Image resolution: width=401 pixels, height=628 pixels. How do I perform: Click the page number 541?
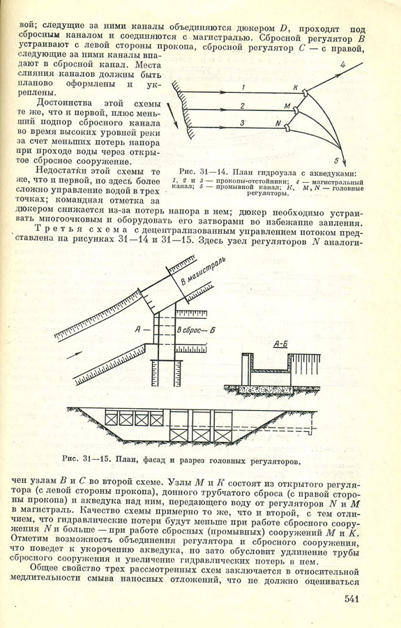pos(351,599)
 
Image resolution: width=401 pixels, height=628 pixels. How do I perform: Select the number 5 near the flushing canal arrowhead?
pos(337,161)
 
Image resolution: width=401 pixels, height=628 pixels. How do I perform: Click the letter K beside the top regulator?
pos(296,88)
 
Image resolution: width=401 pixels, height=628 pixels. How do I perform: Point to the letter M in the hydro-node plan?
pos(287,106)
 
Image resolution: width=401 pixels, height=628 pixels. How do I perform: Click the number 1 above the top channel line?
pos(242,87)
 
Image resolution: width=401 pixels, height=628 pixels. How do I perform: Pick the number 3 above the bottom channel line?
pos(242,124)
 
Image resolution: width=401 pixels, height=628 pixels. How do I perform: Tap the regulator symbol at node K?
pos(305,94)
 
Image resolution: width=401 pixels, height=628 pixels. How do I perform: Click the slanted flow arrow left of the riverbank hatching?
pos(173,115)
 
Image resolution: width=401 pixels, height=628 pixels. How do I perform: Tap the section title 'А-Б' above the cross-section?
pos(281,343)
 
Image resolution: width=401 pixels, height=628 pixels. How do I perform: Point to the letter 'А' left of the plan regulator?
pos(139,329)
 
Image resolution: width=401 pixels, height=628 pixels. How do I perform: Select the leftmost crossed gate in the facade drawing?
pos(112,419)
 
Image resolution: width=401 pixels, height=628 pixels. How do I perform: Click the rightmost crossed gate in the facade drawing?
pos(222,435)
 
